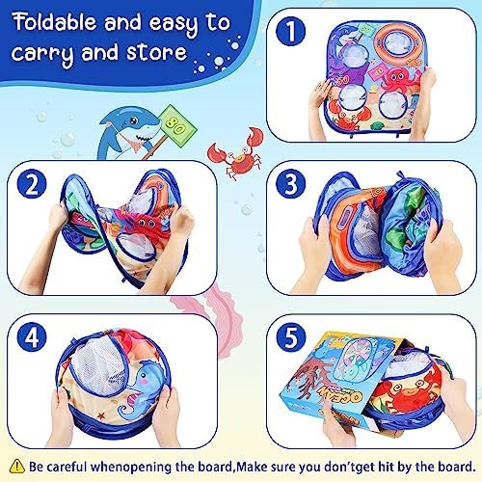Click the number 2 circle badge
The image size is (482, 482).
[x=36, y=185]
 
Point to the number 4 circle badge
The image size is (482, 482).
[x=36, y=339]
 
